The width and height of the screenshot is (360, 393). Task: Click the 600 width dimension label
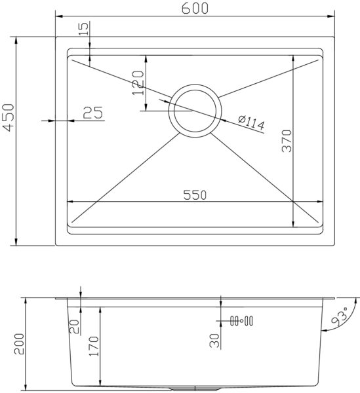coord(195,9)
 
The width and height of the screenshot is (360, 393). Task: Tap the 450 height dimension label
coord(9,117)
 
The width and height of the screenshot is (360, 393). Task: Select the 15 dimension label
coord(85,28)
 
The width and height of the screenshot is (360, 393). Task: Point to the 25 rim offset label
coord(93,113)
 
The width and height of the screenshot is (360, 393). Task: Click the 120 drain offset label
coord(138,83)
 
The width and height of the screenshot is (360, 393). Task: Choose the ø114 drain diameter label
coord(251,122)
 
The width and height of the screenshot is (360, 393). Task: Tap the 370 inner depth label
coord(287,141)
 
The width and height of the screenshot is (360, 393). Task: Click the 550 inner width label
coord(195,195)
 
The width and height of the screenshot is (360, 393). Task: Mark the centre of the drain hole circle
coord(195,111)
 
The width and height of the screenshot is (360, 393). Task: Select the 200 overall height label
coord(19,344)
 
